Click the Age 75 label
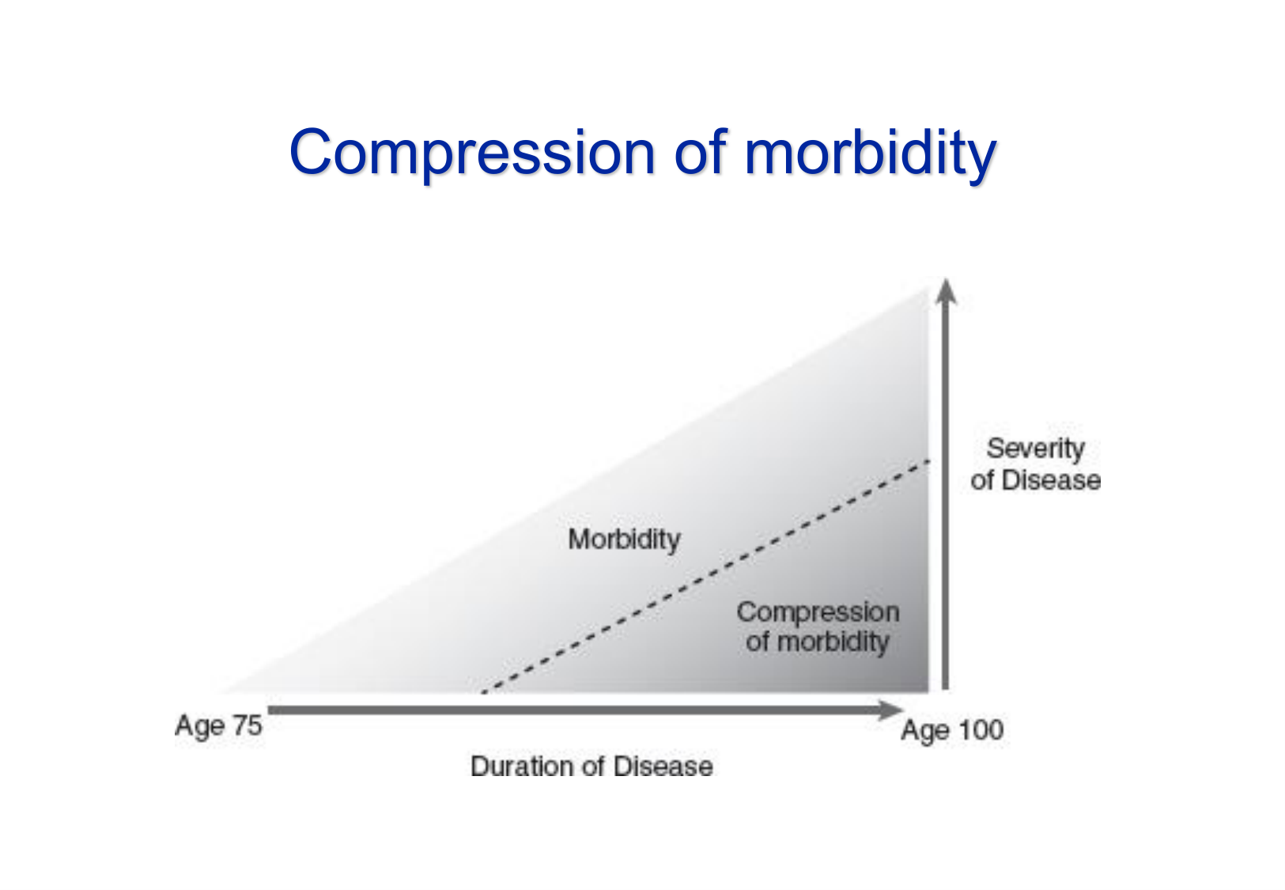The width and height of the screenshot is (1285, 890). click(x=218, y=726)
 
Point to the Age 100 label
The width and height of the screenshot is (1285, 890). click(x=952, y=730)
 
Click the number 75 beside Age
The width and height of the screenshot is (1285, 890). click(x=247, y=725)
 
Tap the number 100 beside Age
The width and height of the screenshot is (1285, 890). click(x=981, y=729)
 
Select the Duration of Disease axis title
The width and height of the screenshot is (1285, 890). click(x=591, y=766)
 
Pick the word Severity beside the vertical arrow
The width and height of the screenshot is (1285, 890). click(x=1035, y=449)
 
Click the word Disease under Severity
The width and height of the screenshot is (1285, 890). click(x=1051, y=479)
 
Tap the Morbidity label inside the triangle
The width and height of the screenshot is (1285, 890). click(x=624, y=540)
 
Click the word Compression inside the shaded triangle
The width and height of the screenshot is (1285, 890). click(x=818, y=612)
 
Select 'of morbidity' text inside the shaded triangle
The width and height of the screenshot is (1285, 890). click(x=818, y=642)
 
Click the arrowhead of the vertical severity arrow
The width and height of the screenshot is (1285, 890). click(x=946, y=290)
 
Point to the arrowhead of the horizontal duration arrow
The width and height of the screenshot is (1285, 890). click(x=890, y=710)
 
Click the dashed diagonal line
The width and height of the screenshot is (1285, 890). click(x=705, y=576)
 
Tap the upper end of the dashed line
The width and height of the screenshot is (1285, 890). click(x=929, y=460)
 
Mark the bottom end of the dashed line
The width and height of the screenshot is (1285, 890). click(x=483, y=692)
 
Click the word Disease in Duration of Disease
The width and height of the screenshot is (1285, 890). click(x=663, y=766)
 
